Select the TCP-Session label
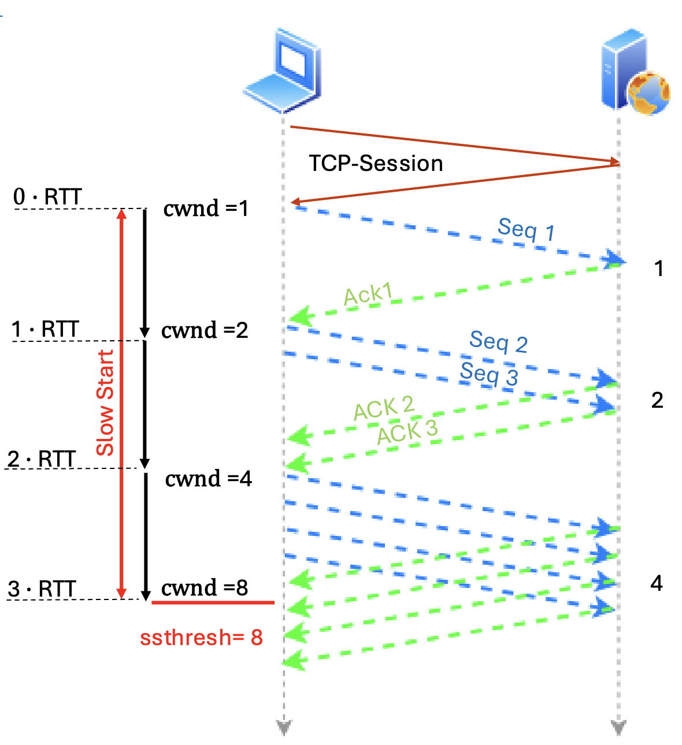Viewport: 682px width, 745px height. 376,163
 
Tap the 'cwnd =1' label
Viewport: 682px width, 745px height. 206,208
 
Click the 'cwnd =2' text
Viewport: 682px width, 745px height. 205,330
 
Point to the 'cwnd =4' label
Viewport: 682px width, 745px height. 208,479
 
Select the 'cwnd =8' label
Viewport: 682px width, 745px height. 205,588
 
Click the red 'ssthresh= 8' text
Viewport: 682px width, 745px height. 201,638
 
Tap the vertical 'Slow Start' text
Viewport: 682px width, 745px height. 105,403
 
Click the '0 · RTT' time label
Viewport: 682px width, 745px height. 47,197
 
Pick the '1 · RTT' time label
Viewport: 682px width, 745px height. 45,329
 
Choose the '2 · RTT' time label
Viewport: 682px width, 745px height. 42,459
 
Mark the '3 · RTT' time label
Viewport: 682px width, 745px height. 42,589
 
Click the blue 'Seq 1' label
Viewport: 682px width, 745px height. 526,230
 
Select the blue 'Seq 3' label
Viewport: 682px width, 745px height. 489,374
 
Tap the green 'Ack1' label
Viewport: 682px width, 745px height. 368,295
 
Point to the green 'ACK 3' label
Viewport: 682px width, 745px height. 407,431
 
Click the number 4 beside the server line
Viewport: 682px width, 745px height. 657,583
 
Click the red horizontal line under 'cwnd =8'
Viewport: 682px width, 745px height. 213,602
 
